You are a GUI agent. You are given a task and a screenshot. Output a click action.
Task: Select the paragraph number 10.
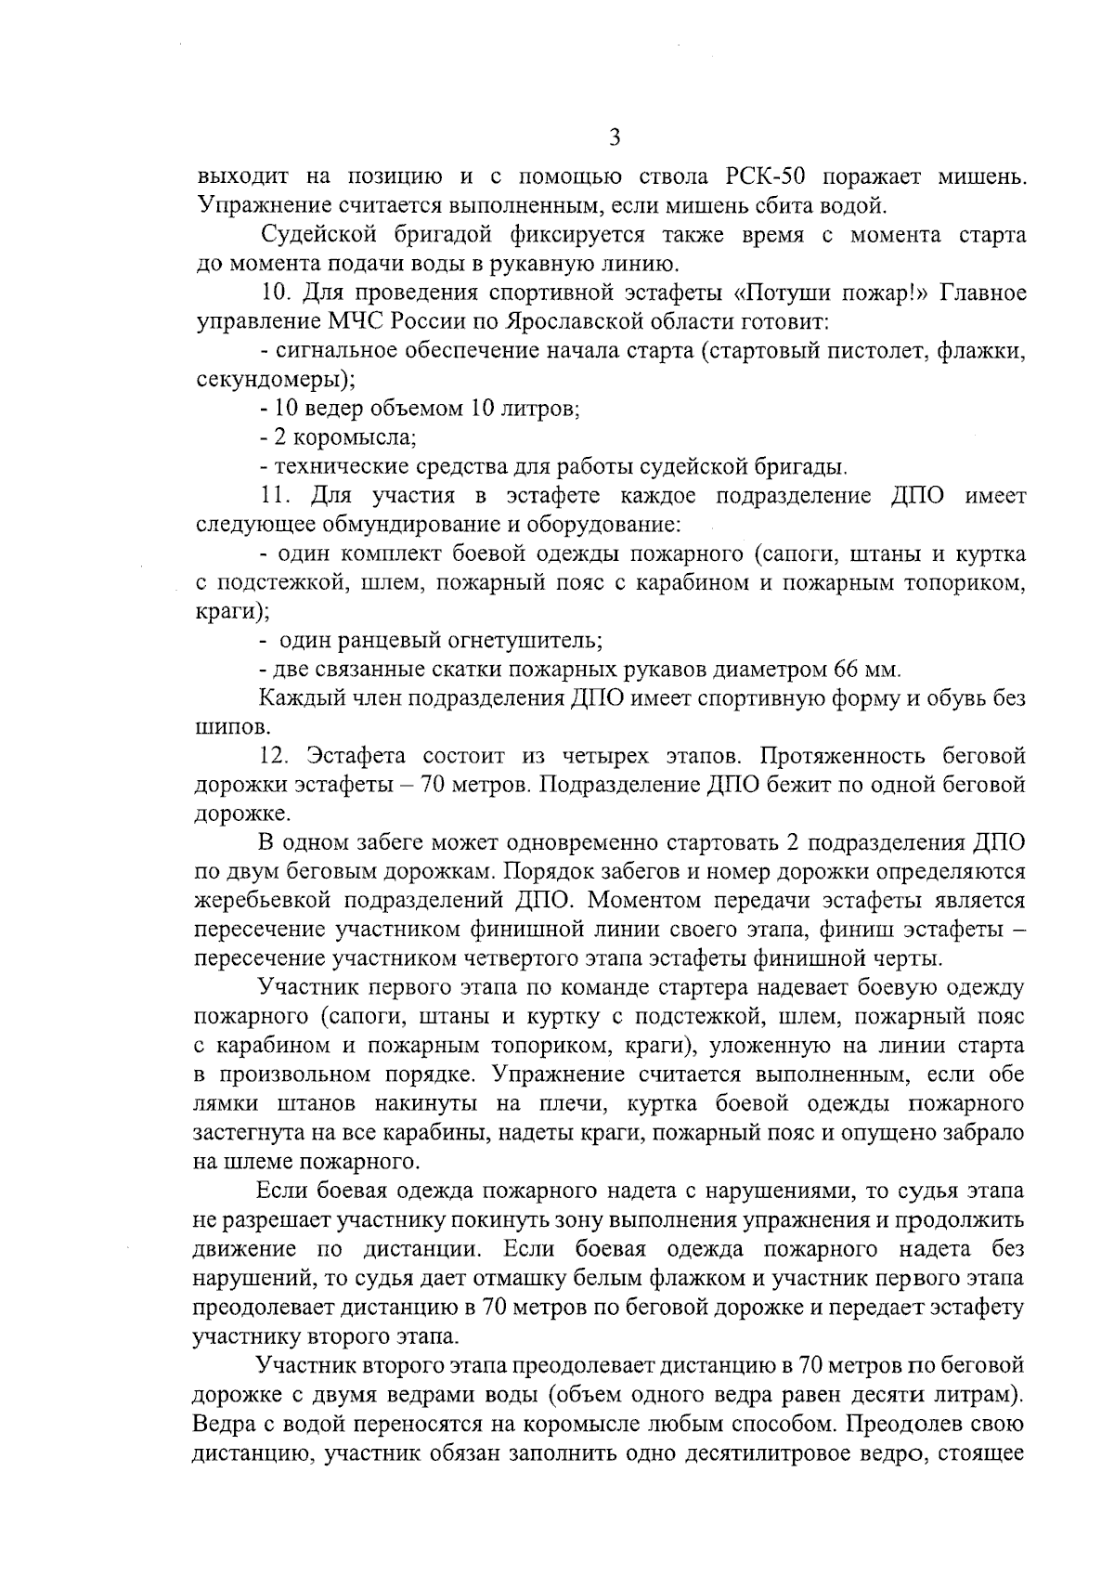coord(278,293)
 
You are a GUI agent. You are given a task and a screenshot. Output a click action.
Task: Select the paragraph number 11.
coord(278,495)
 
